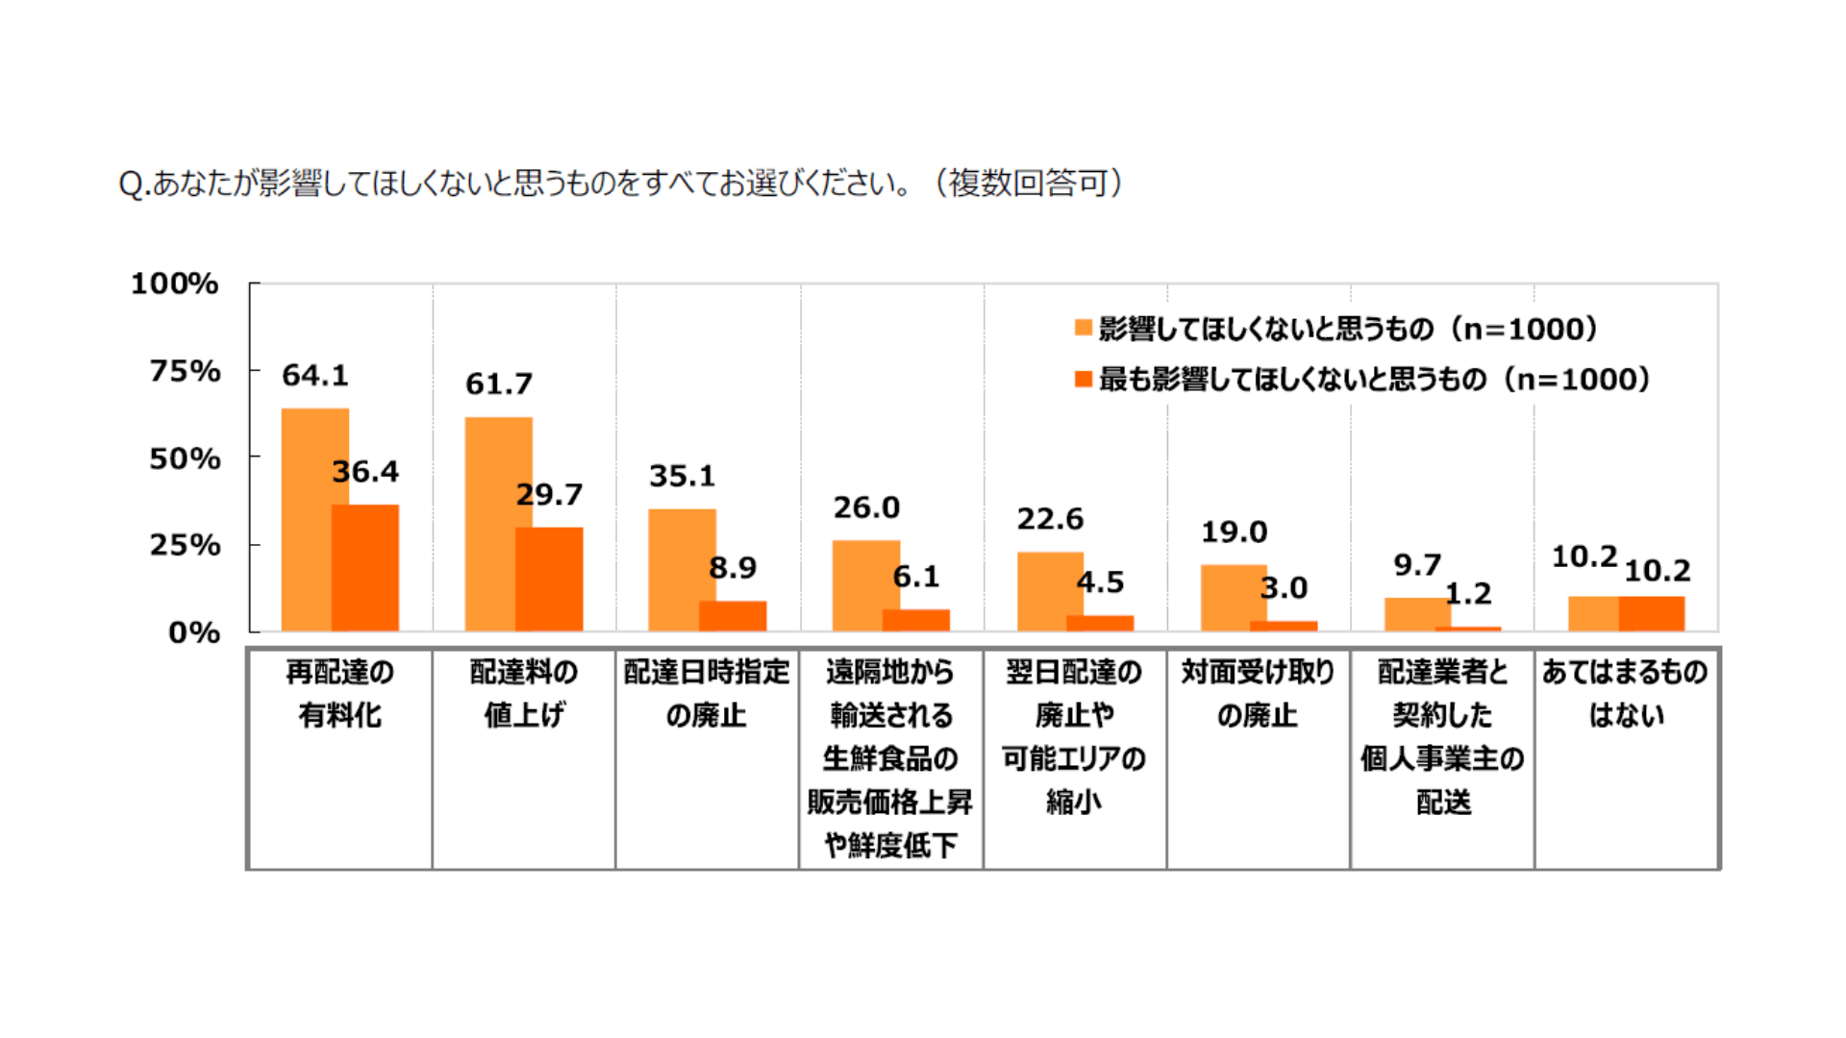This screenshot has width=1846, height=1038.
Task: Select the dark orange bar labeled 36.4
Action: pos(365,567)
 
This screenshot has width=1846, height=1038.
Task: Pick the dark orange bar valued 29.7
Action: pos(549,579)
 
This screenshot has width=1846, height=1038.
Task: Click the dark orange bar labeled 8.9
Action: pos(733,616)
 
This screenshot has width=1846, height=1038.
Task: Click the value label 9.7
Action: pos(1417,565)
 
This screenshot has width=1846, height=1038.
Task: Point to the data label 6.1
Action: pos(916,577)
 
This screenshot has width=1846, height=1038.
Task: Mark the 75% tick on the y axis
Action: pos(186,371)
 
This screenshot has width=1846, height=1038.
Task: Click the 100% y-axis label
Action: pos(175,284)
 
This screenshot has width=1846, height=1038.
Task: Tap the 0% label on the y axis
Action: pos(194,632)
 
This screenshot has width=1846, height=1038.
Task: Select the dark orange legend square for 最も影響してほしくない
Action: pos(1084,379)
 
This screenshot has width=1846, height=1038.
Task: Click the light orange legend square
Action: pos(1084,328)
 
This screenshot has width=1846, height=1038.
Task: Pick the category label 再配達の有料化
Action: pos(340,693)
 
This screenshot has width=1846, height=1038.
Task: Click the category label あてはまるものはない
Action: pos(1625,693)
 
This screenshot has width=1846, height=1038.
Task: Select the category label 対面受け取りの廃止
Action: pos(1258,693)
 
